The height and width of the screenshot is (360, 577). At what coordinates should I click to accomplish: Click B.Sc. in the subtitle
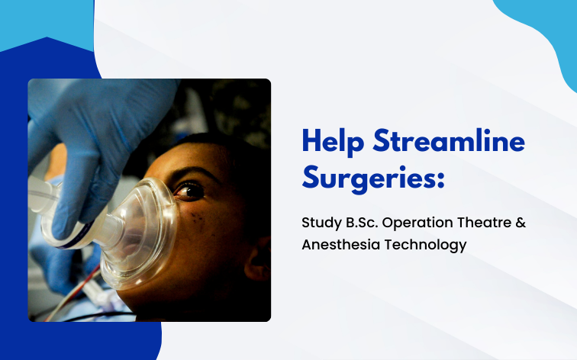click(359, 224)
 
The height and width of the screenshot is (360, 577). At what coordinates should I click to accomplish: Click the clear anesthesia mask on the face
click(145, 229)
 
